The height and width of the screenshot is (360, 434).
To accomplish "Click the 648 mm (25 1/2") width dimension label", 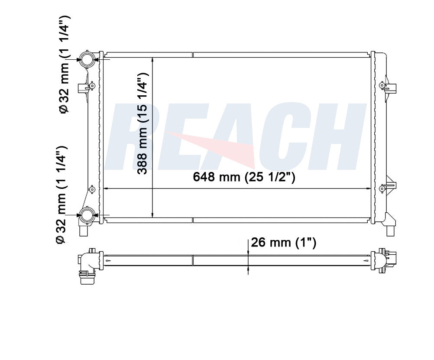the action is point(244,177).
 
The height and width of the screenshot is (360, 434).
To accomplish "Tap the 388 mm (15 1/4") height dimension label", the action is point(143,123).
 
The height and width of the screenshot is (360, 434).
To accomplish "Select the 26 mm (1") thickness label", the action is point(283,243).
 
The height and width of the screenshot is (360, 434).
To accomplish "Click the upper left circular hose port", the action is point(87,59).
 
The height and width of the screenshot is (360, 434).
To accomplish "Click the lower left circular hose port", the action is point(87,214).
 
